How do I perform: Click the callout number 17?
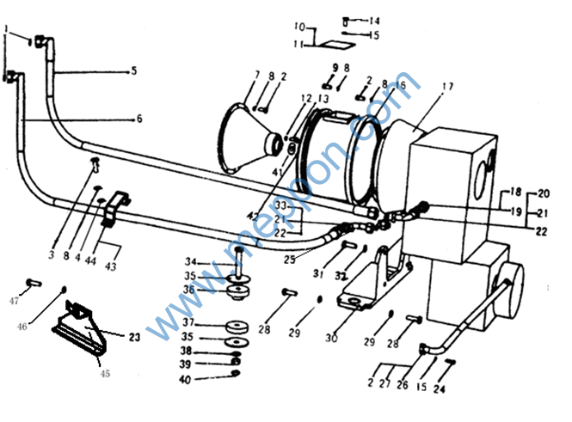pos(447,86)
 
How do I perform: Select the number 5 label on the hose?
pos(134,71)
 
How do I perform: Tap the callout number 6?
pos(138,118)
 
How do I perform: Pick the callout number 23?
pos(135,338)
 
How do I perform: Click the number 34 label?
pos(193,261)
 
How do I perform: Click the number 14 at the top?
pos(374,21)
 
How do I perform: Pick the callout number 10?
pos(299,26)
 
